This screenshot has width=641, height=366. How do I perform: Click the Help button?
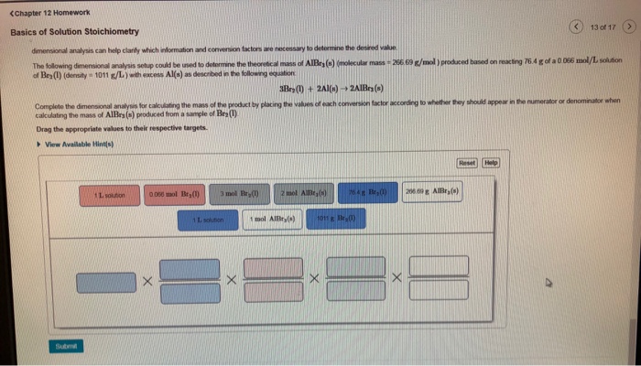point(492,162)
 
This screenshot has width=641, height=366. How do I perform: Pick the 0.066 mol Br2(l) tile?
point(173,195)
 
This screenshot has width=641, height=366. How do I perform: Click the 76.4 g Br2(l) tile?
point(369,195)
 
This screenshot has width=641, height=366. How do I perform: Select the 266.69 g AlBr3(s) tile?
point(434,195)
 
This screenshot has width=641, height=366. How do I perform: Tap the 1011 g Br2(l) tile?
point(336,220)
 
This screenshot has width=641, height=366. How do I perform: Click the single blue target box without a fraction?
point(105,283)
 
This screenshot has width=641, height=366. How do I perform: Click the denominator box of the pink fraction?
point(273,293)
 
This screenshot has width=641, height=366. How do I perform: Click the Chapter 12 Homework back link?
point(49,13)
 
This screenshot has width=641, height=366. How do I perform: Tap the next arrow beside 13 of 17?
point(628,27)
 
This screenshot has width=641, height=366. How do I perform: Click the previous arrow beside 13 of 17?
point(576,27)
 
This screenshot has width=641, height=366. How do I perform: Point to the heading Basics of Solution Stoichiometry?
point(75,31)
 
